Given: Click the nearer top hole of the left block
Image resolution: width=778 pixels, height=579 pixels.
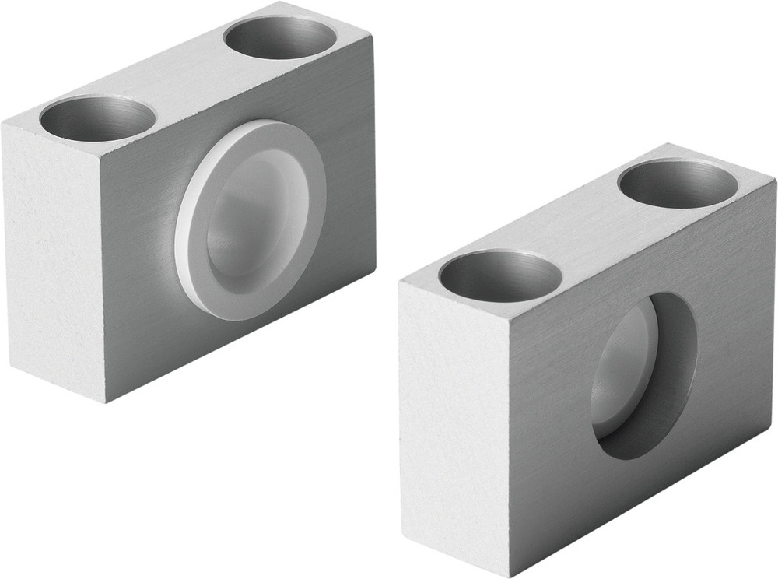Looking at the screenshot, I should [97, 119].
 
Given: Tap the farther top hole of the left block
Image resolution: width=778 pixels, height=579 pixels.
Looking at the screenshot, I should [281, 37].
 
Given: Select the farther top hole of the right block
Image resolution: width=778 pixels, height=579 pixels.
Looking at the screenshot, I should [678, 182].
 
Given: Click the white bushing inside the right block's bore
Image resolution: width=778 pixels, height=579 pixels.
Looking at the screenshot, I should [622, 366].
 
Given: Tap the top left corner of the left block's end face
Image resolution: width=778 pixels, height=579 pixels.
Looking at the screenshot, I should [4, 124].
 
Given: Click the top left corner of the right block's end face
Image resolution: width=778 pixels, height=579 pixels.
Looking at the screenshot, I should [400, 279].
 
